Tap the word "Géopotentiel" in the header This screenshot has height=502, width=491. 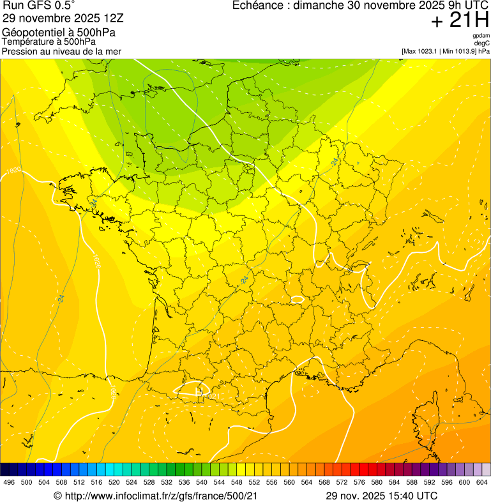tap(31, 33)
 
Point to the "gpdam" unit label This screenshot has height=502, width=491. tap(481, 36)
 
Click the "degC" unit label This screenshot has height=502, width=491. tap(482, 43)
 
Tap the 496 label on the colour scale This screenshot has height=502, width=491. tap(9, 482)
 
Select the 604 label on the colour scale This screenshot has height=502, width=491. tap(481, 482)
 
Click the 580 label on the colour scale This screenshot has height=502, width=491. tap(377, 482)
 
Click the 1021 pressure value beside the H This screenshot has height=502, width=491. tap(211, 397)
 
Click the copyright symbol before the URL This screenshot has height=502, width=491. tap(57, 496)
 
